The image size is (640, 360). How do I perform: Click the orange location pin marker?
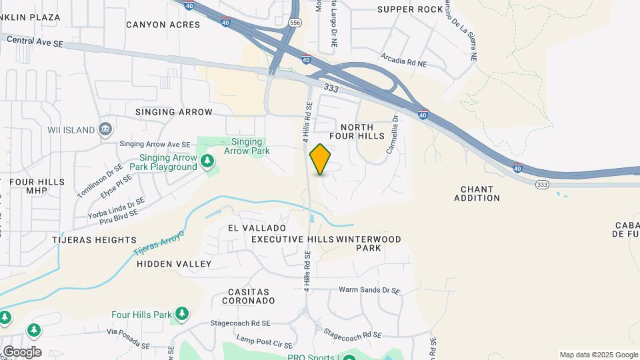click(321, 159)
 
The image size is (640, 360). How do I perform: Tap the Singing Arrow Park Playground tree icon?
click(208, 160)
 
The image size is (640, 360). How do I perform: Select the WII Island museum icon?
click(106, 129)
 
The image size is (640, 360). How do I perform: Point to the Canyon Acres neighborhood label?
click(163, 25)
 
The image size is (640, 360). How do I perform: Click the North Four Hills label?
click(362, 131)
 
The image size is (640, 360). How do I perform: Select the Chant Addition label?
click(477, 193)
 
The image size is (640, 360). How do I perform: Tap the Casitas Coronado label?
click(249, 296)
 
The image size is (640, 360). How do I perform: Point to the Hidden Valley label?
click(174, 264)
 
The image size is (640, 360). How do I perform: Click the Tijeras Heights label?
click(94, 239)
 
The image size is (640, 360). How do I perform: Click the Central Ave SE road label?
click(35, 41)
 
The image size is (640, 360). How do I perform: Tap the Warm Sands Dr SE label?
click(369, 291)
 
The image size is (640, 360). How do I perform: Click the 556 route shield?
click(295, 22)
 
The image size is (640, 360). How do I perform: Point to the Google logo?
click(22, 351)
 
